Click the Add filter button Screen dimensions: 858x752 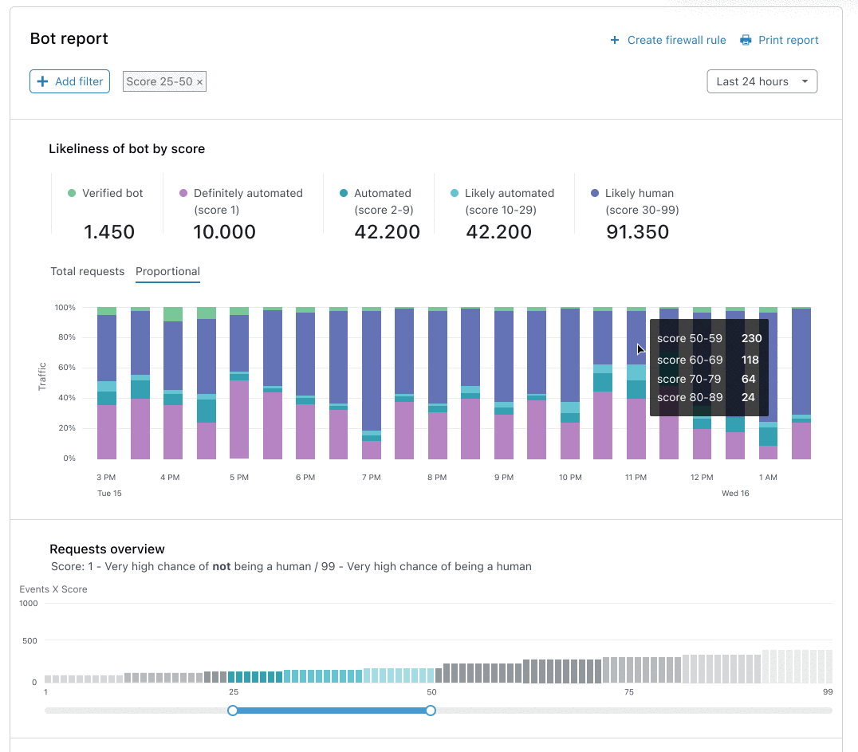[x=69, y=81]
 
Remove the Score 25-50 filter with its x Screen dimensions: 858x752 [x=199, y=82]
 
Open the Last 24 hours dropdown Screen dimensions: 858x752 [x=762, y=81]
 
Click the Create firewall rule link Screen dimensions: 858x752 [x=668, y=40]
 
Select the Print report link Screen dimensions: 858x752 [x=779, y=40]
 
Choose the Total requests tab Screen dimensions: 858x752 [x=88, y=271]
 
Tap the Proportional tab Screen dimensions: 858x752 [x=168, y=271]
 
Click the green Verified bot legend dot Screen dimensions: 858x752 [x=72, y=193]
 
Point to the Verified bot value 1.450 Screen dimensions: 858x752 [x=109, y=232]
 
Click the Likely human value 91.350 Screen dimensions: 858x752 [x=637, y=232]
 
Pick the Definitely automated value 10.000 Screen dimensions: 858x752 [x=224, y=232]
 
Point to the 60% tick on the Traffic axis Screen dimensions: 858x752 [x=67, y=368]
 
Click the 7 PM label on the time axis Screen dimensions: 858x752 [x=372, y=477]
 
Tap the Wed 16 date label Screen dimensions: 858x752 [x=735, y=493]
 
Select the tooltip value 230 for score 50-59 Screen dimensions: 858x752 [x=752, y=338]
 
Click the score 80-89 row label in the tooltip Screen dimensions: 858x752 [x=690, y=397]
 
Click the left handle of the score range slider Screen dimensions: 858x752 [x=233, y=711]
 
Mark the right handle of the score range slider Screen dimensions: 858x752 [x=431, y=711]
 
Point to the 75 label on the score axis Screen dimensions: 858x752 [x=629, y=692]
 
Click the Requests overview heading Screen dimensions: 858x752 [x=107, y=549]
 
